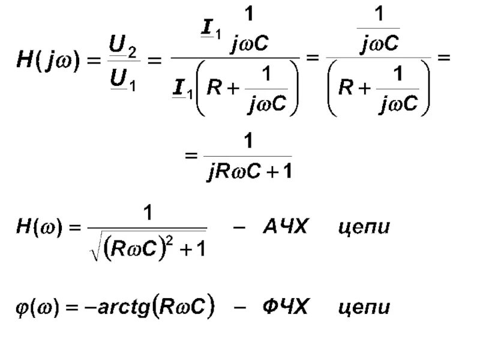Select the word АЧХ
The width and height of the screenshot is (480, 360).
tap(286, 227)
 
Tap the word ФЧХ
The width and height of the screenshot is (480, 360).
tap(285, 308)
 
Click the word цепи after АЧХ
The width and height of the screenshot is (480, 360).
tap(364, 229)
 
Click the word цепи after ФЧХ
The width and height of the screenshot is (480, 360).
tap(364, 309)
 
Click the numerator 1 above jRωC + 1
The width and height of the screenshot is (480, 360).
tap(246, 142)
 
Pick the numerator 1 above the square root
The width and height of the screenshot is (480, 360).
tap(146, 212)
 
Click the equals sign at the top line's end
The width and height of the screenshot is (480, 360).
tap(443, 58)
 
